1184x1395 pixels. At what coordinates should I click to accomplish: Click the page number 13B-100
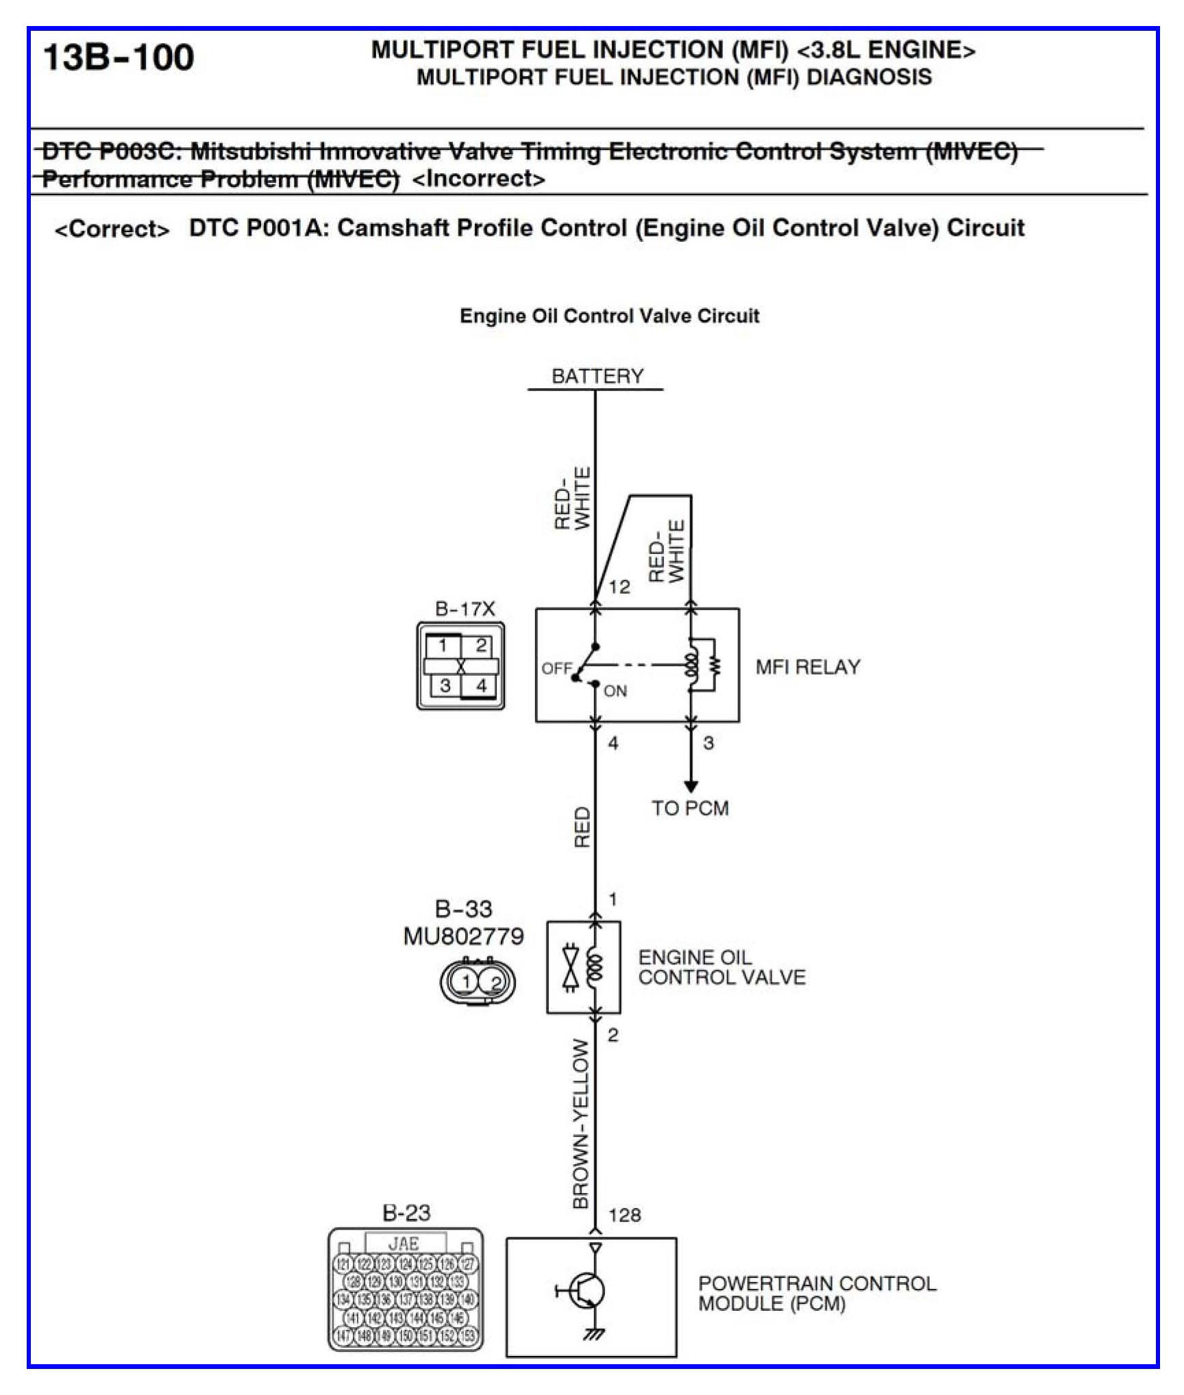(118, 57)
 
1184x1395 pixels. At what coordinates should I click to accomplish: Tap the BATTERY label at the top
(597, 376)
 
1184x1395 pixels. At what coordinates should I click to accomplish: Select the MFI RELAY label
(807, 666)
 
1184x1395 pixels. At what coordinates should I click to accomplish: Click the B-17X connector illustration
(460, 666)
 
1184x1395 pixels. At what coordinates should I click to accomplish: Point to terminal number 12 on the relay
(619, 587)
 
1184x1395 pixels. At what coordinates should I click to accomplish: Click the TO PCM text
(689, 808)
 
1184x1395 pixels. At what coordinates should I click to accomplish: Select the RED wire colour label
(582, 827)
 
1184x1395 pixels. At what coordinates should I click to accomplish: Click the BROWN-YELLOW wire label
(580, 1124)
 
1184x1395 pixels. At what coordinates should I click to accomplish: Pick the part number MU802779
(463, 935)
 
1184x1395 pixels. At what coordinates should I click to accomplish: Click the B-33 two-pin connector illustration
(477, 982)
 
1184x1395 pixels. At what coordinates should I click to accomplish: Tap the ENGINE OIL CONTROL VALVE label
(721, 967)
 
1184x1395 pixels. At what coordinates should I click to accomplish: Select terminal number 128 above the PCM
(624, 1215)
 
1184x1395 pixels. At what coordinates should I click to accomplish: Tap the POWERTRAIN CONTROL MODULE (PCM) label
(817, 1293)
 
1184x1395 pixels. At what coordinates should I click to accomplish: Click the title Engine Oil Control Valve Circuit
(609, 316)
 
